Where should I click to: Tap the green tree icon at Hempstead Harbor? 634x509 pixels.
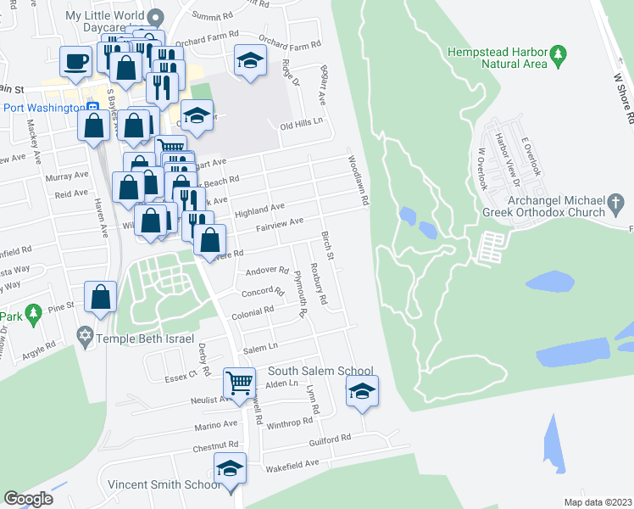[x=558, y=56]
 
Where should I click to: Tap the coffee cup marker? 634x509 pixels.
[x=75, y=61]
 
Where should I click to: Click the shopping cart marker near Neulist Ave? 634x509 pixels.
[x=240, y=382]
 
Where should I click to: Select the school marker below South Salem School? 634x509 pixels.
[x=362, y=391]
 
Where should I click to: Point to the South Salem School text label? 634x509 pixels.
[x=320, y=371]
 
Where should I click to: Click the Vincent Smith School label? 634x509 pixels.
[x=163, y=484]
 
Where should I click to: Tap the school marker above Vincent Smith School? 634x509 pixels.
[x=230, y=467]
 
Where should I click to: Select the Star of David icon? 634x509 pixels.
[x=85, y=338]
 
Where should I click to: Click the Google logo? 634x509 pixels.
[x=29, y=499]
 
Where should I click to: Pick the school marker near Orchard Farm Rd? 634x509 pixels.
[x=250, y=60]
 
